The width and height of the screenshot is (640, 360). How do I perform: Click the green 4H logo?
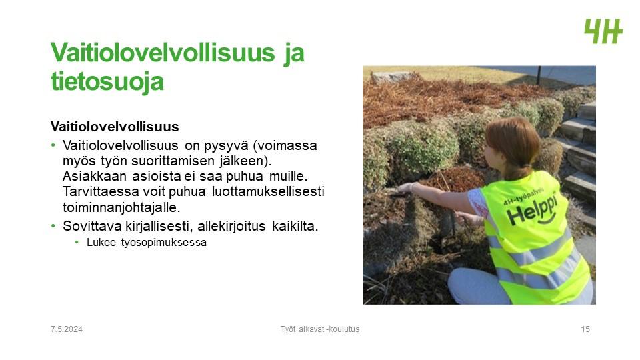[x=604, y=31]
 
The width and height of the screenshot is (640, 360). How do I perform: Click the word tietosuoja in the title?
[x=107, y=81]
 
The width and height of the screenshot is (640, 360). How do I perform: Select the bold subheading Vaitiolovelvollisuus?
[x=115, y=127]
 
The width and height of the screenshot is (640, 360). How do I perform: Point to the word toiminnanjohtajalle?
[x=121, y=207]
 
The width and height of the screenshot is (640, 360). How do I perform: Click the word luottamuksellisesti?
[x=268, y=191]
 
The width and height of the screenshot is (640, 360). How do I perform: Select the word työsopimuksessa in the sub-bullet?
[x=164, y=243]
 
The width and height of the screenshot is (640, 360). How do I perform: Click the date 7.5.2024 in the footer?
[x=67, y=329]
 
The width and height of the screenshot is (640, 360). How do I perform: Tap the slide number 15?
[x=585, y=329]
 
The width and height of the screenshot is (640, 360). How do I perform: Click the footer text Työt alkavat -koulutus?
[x=320, y=329]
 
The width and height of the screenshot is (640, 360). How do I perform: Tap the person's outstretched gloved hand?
[x=407, y=188]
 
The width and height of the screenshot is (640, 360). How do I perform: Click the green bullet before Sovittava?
[x=53, y=226]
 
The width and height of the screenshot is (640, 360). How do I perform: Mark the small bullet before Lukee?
[x=77, y=243]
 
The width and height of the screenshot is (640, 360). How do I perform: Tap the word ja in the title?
[x=293, y=54]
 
